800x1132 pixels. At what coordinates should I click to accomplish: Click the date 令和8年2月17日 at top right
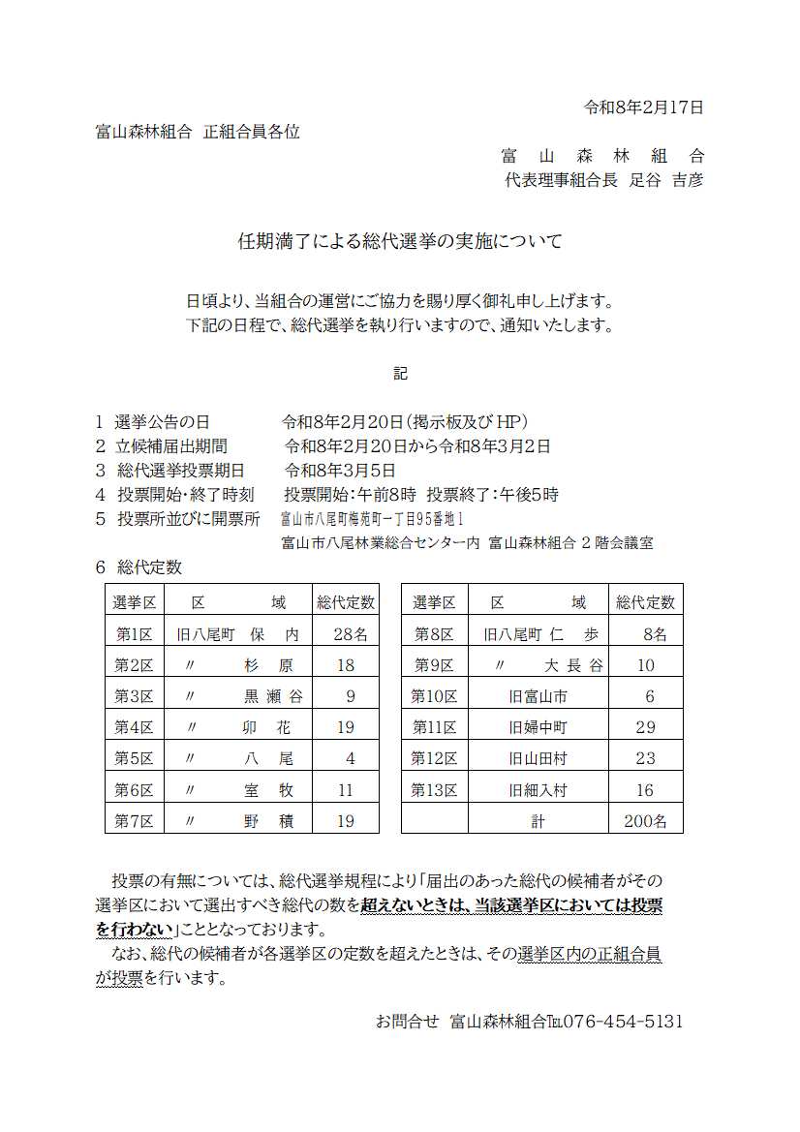[644, 107]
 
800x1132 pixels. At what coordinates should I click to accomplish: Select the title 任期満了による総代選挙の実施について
[400, 241]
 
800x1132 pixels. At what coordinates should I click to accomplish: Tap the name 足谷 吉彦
[666, 180]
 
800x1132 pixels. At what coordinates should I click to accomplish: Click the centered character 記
[400, 373]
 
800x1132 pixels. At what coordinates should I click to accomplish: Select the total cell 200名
[645, 821]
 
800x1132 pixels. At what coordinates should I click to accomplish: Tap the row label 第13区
[434, 790]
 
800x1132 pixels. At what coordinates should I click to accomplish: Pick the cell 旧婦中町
[538, 727]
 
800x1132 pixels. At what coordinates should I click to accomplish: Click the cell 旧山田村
[538, 758]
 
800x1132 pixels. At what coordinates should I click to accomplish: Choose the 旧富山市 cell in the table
[538, 696]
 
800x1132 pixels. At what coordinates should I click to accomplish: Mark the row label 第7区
[135, 821]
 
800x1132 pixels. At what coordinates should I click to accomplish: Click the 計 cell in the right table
[538, 821]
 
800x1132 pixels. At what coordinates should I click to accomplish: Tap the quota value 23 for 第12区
[645, 758]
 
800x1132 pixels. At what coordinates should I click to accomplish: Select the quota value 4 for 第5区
[350, 758]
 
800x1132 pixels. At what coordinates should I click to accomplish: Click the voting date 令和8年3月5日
[340, 471]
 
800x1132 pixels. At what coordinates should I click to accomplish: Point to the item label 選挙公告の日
[162, 422]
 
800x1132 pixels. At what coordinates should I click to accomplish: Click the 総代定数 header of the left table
[346, 602]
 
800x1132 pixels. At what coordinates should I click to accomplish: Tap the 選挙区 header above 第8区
[434, 602]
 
